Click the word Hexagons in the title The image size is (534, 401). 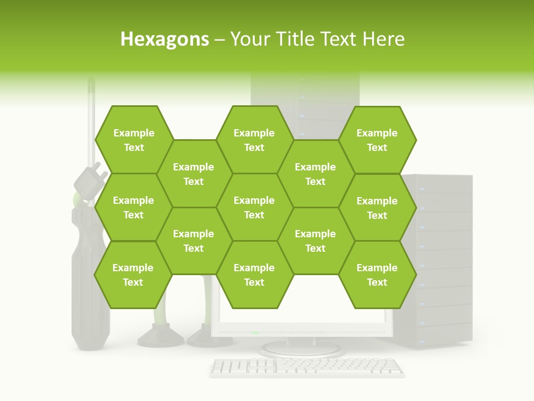pos(165,39)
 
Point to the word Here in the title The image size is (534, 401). pos(383,39)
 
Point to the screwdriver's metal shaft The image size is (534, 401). pos(91,123)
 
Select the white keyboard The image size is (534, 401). pos(307,366)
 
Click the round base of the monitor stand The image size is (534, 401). pos(301,349)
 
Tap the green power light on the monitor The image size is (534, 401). pos(255,333)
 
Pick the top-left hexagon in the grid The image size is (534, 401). pos(133,140)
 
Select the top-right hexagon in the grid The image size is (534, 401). pos(377,140)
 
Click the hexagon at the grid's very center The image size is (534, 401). pos(254,207)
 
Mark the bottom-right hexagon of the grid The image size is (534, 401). pos(377,275)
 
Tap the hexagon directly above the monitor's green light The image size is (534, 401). pos(254,275)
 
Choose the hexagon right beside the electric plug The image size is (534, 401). pos(133,207)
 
